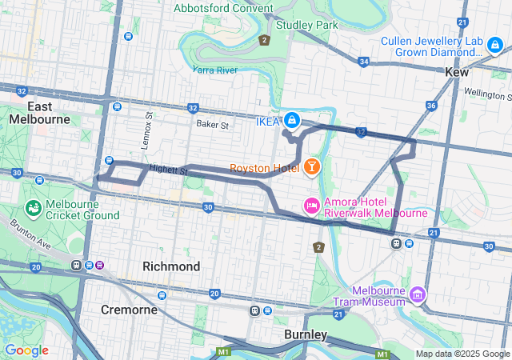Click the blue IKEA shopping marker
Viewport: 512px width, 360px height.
pos(292,121)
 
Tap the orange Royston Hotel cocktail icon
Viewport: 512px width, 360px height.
pos(311,167)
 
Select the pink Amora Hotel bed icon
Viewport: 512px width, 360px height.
pos(311,206)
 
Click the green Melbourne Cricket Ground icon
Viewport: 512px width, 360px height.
pos(34,209)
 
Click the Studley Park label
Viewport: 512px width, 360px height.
pos(306,25)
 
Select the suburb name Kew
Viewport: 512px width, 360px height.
pos(457,72)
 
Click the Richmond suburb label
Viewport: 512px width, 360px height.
pos(171,266)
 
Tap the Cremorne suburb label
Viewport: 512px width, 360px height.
pos(128,309)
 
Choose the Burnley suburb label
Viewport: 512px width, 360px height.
pos(305,334)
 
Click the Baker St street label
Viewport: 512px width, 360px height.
pos(213,125)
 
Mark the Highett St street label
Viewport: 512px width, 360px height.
pos(167,170)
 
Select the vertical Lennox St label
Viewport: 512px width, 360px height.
pos(149,125)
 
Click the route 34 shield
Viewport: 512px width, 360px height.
pos(364,61)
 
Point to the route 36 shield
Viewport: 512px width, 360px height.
pos(431,106)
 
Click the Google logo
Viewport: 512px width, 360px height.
pos(26,350)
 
